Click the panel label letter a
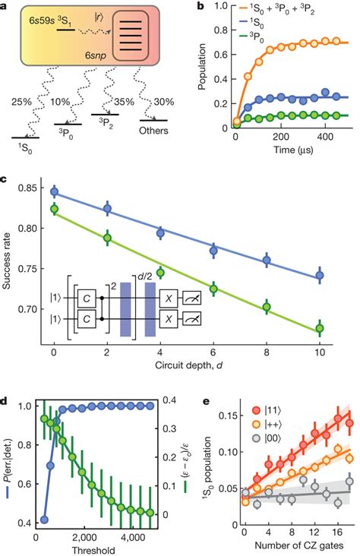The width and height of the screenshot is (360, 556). click(6, 7)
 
